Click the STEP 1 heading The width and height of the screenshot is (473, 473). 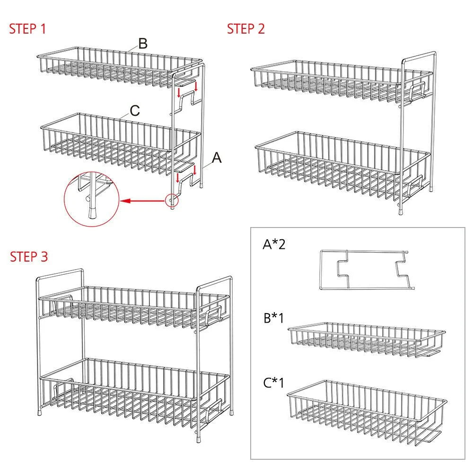(x=27, y=29)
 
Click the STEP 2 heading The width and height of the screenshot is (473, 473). (x=246, y=29)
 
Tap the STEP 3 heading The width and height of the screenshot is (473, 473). (x=29, y=257)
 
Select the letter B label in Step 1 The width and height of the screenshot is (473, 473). (x=143, y=44)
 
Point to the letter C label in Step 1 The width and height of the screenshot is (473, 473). (x=135, y=111)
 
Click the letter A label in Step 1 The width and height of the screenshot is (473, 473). (x=217, y=158)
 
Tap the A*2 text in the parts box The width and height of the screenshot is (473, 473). (x=274, y=244)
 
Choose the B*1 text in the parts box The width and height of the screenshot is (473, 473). (x=274, y=318)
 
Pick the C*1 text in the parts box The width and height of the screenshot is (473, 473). (x=273, y=383)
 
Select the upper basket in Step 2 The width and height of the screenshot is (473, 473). (x=341, y=82)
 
